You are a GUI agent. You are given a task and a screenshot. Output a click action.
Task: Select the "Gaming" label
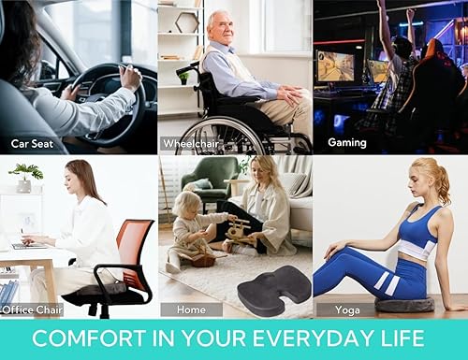pyautogui.click(x=346, y=143)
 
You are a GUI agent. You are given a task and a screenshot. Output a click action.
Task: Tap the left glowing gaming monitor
pyautogui.click(x=335, y=65)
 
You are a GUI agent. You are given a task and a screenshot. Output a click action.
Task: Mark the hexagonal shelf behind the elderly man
pyautogui.click(x=186, y=21)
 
